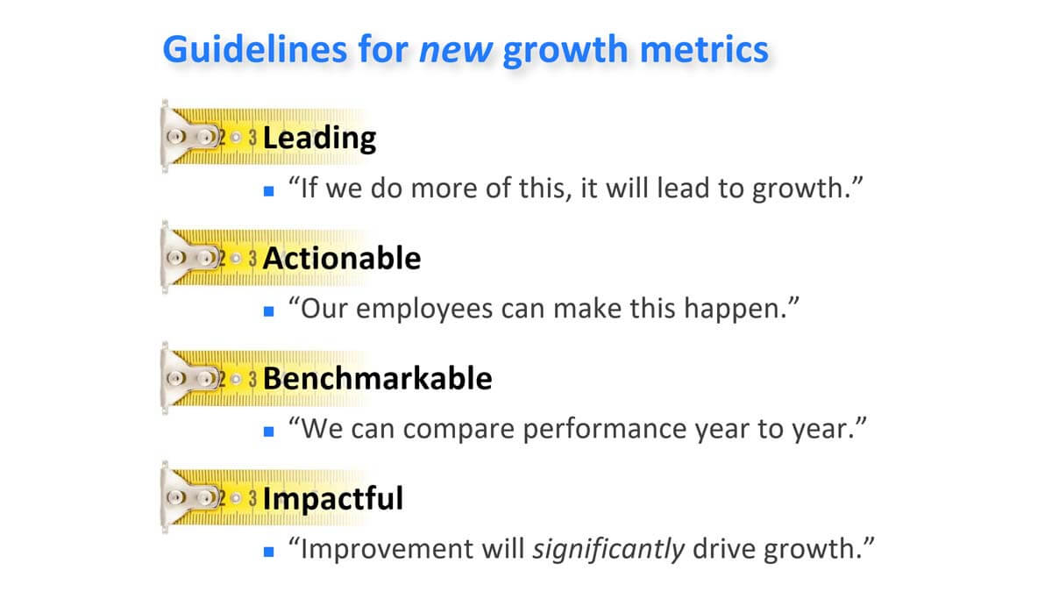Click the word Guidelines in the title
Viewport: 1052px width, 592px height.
pyautogui.click(x=255, y=49)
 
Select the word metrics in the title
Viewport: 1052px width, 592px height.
pyautogui.click(x=705, y=50)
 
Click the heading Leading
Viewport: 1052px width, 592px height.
pyautogui.click(x=319, y=139)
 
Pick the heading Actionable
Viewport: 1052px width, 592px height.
pyautogui.click(x=342, y=259)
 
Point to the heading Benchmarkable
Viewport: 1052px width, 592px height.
pyautogui.click(x=378, y=379)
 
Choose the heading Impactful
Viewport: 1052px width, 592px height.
pyautogui.click(x=333, y=499)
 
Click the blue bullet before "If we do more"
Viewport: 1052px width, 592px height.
pyautogui.click(x=268, y=191)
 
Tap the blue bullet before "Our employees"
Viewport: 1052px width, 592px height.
pyautogui.click(x=268, y=311)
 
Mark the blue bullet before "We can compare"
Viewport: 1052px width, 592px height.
pyautogui.click(x=268, y=432)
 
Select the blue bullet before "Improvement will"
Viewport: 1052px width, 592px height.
pyautogui.click(x=268, y=552)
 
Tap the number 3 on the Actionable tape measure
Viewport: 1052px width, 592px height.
pyautogui.click(x=252, y=259)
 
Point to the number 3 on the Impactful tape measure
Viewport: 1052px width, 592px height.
pyautogui.click(x=252, y=498)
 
